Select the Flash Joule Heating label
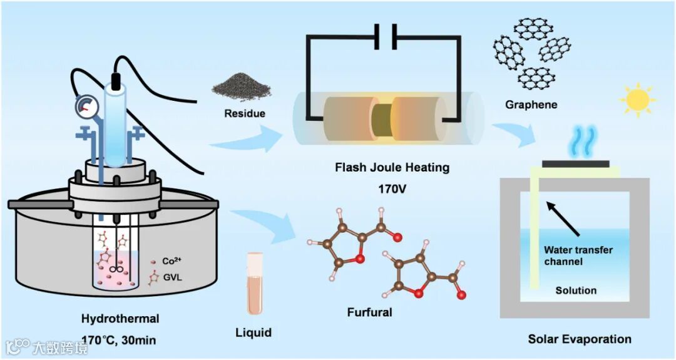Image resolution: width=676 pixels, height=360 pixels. coord(392,168)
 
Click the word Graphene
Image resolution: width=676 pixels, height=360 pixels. coord(531,105)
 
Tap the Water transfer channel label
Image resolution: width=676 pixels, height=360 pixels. coord(578,255)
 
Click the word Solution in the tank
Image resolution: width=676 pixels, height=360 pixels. coord(576,291)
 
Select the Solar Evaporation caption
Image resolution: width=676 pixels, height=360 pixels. coord(580,339)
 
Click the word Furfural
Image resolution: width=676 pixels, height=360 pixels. coord(369,311)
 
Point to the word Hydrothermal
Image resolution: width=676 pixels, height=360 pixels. coord(120,319)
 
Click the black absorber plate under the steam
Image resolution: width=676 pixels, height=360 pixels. coord(575,163)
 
